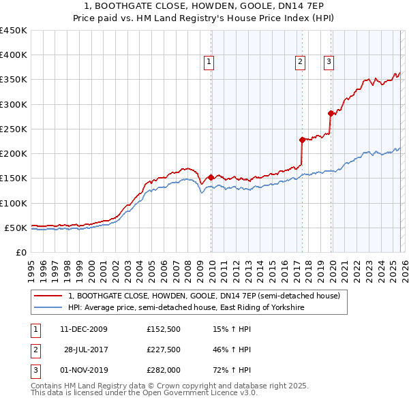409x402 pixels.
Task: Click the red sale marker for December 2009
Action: click(x=211, y=177)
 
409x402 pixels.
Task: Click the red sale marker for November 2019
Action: click(x=330, y=113)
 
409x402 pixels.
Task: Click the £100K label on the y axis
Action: click(x=14, y=203)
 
